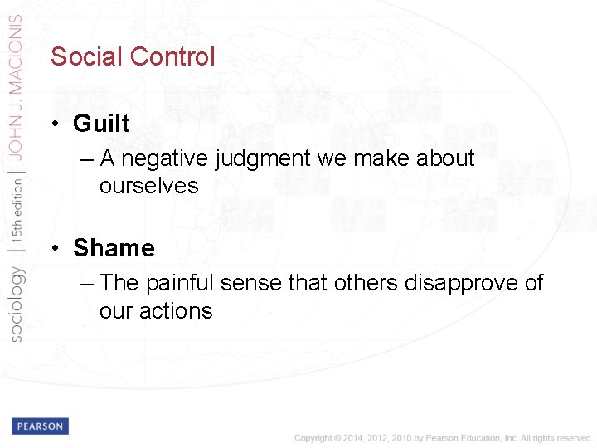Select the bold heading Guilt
(x=101, y=124)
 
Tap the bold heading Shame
(x=114, y=248)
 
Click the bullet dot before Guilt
(x=53, y=124)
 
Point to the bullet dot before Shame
(x=53, y=249)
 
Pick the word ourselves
(x=149, y=186)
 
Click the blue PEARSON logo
(x=40, y=426)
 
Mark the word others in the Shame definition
(x=366, y=283)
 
